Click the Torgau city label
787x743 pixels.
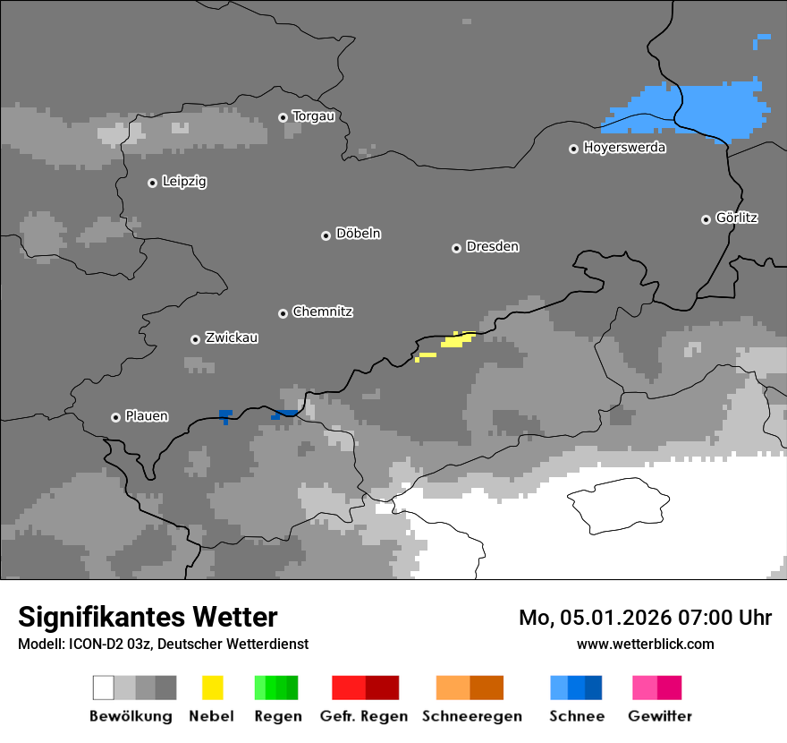[313, 116]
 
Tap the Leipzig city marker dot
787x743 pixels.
[152, 183]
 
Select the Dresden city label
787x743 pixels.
[492, 246]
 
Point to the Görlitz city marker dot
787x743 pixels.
[707, 219]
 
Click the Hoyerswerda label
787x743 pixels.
[624, 148]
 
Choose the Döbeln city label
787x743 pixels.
[358, 234]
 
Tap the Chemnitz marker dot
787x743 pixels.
[283, 313]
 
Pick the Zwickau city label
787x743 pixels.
[232, 337]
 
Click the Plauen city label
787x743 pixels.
[147, 416]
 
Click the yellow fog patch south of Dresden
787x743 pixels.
[457, 339]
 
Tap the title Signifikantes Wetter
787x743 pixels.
[148, 617]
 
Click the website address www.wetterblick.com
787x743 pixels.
[645, 644]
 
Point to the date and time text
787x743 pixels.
[645, 618]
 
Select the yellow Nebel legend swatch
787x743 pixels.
[212, 687]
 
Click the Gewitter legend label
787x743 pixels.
[659, 716]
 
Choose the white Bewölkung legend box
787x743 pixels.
[104, 687]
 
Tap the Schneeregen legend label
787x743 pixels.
[471, 716]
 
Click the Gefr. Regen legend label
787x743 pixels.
[364, 716]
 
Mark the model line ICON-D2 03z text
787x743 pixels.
[163, 644]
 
